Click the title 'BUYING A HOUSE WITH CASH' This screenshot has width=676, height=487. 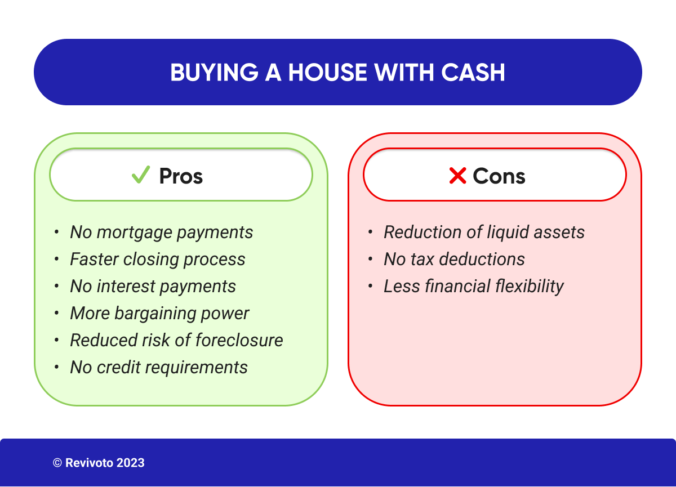point(337,73)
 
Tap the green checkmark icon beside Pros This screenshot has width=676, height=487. point(140,175)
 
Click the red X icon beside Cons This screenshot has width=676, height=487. point(457,176)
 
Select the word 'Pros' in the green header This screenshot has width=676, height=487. point(181,176)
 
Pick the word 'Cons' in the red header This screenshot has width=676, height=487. point(499,176)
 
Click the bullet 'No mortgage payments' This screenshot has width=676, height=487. point(161,233)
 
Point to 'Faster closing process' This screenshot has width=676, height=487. point(157,260)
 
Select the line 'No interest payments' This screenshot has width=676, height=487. point(153,287)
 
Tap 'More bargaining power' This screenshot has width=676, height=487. point(159,314)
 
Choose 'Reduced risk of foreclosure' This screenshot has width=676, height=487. point(176,341)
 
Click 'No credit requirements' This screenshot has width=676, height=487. point(158,368)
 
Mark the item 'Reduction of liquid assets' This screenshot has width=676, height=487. point(484,233)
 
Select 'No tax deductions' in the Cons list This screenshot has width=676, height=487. point(454,260)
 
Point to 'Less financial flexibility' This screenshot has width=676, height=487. point(473,287)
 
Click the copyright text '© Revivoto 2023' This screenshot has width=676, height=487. point(99,463)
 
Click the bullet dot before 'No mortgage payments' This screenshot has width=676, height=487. point(56,233)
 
